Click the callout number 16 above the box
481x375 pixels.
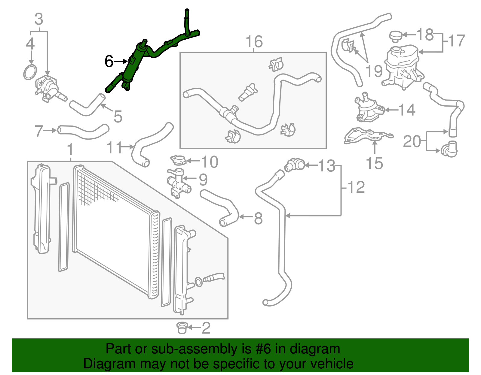tap(254, 42)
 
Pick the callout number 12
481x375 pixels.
tap(356, 188)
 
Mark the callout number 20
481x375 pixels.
tap(412, 141)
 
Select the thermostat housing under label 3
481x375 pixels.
tap(48, 87)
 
